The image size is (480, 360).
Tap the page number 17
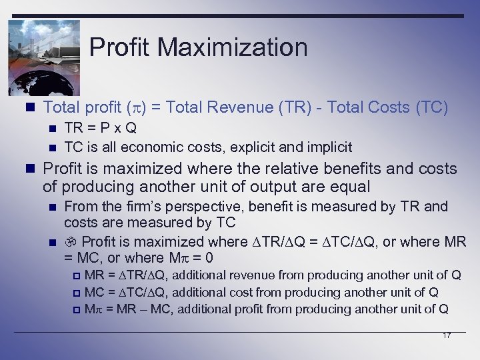(x=447, y=335)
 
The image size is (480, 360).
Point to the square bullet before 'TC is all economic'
(x=52, y=147)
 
